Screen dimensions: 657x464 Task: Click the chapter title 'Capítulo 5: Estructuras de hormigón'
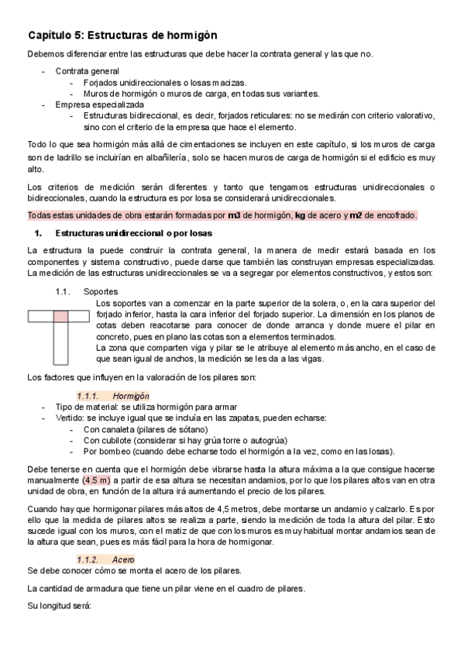point(122,35)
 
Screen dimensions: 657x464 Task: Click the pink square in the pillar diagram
point(60,316)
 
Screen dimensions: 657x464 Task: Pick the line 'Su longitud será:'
point(59,605)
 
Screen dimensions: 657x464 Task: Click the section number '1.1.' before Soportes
point(64,292)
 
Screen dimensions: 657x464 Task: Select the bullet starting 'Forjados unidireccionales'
point(164,82)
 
